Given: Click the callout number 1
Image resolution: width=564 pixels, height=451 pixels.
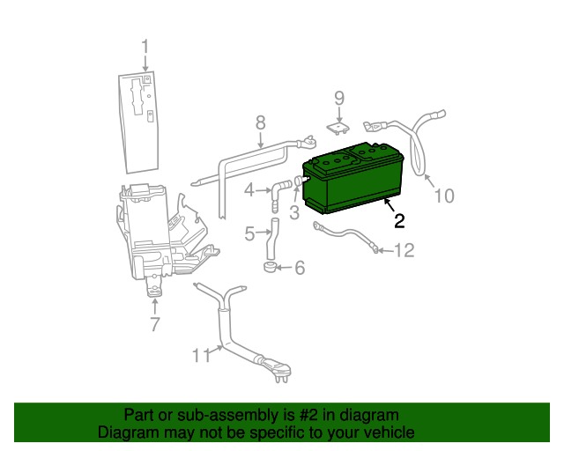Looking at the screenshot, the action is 145,48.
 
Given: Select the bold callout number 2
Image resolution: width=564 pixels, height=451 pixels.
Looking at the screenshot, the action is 399,221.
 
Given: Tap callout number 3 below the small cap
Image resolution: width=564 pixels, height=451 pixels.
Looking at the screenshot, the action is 294,212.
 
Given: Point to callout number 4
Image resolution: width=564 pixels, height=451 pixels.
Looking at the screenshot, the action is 249,190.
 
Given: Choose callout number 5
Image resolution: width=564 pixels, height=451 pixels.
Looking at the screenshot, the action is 249,233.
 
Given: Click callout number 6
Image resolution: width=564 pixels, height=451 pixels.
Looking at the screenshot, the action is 300,268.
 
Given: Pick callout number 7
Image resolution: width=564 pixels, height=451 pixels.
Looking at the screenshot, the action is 155,324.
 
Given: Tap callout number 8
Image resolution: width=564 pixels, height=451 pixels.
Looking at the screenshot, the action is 261,122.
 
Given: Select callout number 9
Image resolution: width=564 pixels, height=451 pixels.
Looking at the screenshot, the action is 339,98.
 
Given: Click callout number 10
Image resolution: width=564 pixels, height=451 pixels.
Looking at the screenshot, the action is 444,196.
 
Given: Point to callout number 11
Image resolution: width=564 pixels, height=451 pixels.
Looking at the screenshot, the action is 202,356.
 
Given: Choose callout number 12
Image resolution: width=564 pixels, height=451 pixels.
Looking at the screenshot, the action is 404,250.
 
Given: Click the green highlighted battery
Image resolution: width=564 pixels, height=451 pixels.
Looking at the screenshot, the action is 353,178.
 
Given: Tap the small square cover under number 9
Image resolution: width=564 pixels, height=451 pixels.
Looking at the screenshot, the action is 338,129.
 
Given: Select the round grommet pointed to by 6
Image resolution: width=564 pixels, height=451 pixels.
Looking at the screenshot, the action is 270,267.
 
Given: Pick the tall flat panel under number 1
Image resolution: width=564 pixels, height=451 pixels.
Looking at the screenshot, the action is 138,122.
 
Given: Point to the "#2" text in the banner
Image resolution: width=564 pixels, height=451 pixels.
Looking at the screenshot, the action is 308,415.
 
